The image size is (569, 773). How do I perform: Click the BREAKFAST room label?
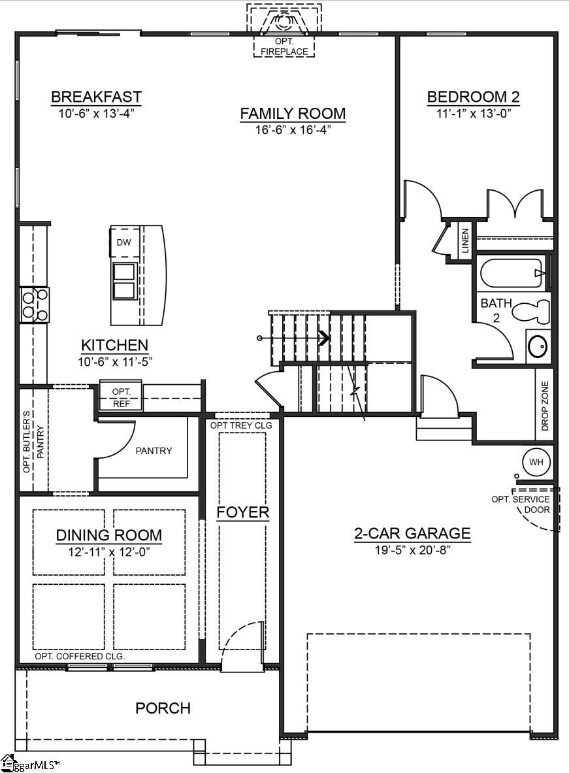click(96, 97)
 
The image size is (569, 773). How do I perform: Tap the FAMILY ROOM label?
click(293, 114)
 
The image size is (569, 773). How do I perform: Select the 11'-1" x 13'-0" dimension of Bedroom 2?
click(473, 112)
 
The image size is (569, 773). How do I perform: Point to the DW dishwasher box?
click(123, 242)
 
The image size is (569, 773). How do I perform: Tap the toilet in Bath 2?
click(530, 310)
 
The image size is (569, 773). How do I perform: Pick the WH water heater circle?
click(536, 462)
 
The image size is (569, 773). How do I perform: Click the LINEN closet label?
click(465, 240)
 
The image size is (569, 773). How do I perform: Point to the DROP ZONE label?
click(545, 406)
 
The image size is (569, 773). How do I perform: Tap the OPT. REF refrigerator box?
click(122, 396)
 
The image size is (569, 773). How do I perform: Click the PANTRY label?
click(154, 451)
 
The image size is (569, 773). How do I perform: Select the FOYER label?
click(243, 512)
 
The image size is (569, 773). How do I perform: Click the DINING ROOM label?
click(109, 536)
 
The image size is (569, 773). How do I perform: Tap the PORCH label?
click(163, 708)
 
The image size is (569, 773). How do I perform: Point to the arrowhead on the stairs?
click(323, 338)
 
